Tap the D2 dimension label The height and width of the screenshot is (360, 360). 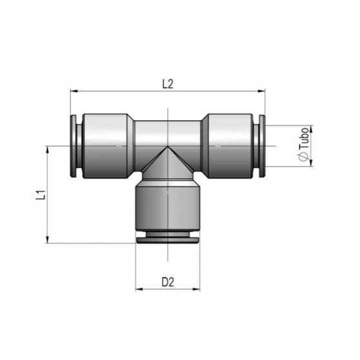(x=168, y=281)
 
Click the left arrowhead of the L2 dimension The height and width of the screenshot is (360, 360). (x=73, y=93)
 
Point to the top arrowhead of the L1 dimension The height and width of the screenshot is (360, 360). (x=48, y=149)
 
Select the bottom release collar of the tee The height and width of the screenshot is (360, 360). (x=167, y=237)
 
